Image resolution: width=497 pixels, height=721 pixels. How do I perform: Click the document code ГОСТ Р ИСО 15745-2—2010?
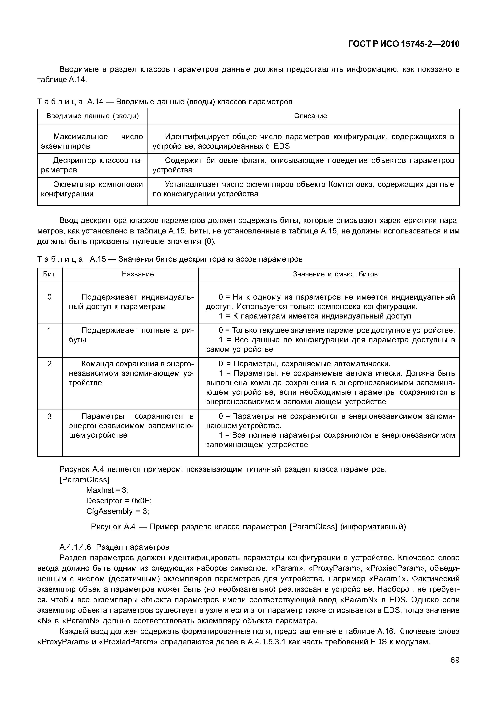[x=404, y=44]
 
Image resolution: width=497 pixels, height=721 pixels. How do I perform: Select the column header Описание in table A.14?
[x=311, y=116]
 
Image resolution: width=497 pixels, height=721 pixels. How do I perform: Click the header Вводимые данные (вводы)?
[x=93, y=116]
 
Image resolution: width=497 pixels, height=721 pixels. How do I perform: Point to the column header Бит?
[x=49, y=274]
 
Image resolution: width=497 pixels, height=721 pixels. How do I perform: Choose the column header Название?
[x=138, y=274]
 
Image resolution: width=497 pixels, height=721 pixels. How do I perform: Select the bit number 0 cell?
[x=49, y=297]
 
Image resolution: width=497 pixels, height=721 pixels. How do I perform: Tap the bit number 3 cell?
[x=49, y=416]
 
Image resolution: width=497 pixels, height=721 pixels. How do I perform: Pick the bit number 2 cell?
[x=49, y=364]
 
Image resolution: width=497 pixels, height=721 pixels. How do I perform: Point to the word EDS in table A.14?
[x=282, y=146]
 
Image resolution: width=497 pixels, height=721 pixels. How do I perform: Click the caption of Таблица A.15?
[x=170, y=259]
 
